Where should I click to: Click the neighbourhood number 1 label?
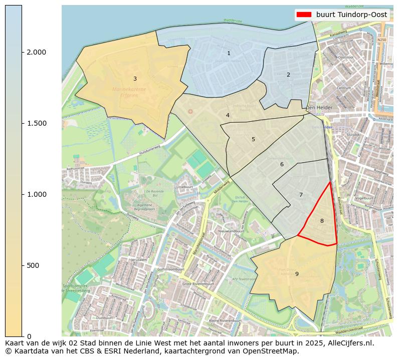(229, 53)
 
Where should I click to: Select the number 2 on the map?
(288, 75)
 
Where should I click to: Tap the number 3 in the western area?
(135, 79)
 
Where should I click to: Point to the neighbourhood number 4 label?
(228, 115)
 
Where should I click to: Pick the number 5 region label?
(253, 139)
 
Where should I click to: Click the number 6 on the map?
(282, 164)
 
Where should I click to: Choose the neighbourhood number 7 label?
(301, 195)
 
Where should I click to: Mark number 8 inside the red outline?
(322, 221)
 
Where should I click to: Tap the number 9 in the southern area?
(297, 274)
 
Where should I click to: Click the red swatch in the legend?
(304, 15)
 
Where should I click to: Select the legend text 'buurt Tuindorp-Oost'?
(351, 15)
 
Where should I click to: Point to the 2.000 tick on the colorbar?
(36, 52)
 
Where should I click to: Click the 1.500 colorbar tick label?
(36, 123)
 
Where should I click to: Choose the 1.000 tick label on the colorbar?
(36, 194)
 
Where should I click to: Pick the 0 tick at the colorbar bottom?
(29, 336)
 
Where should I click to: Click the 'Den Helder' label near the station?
(319, 108)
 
